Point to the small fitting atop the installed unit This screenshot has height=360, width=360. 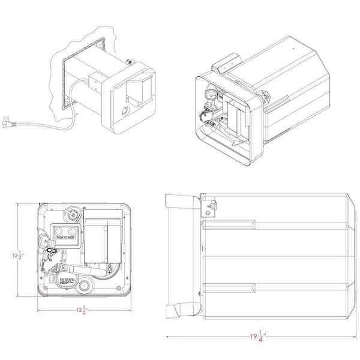[x=128, y=61]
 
